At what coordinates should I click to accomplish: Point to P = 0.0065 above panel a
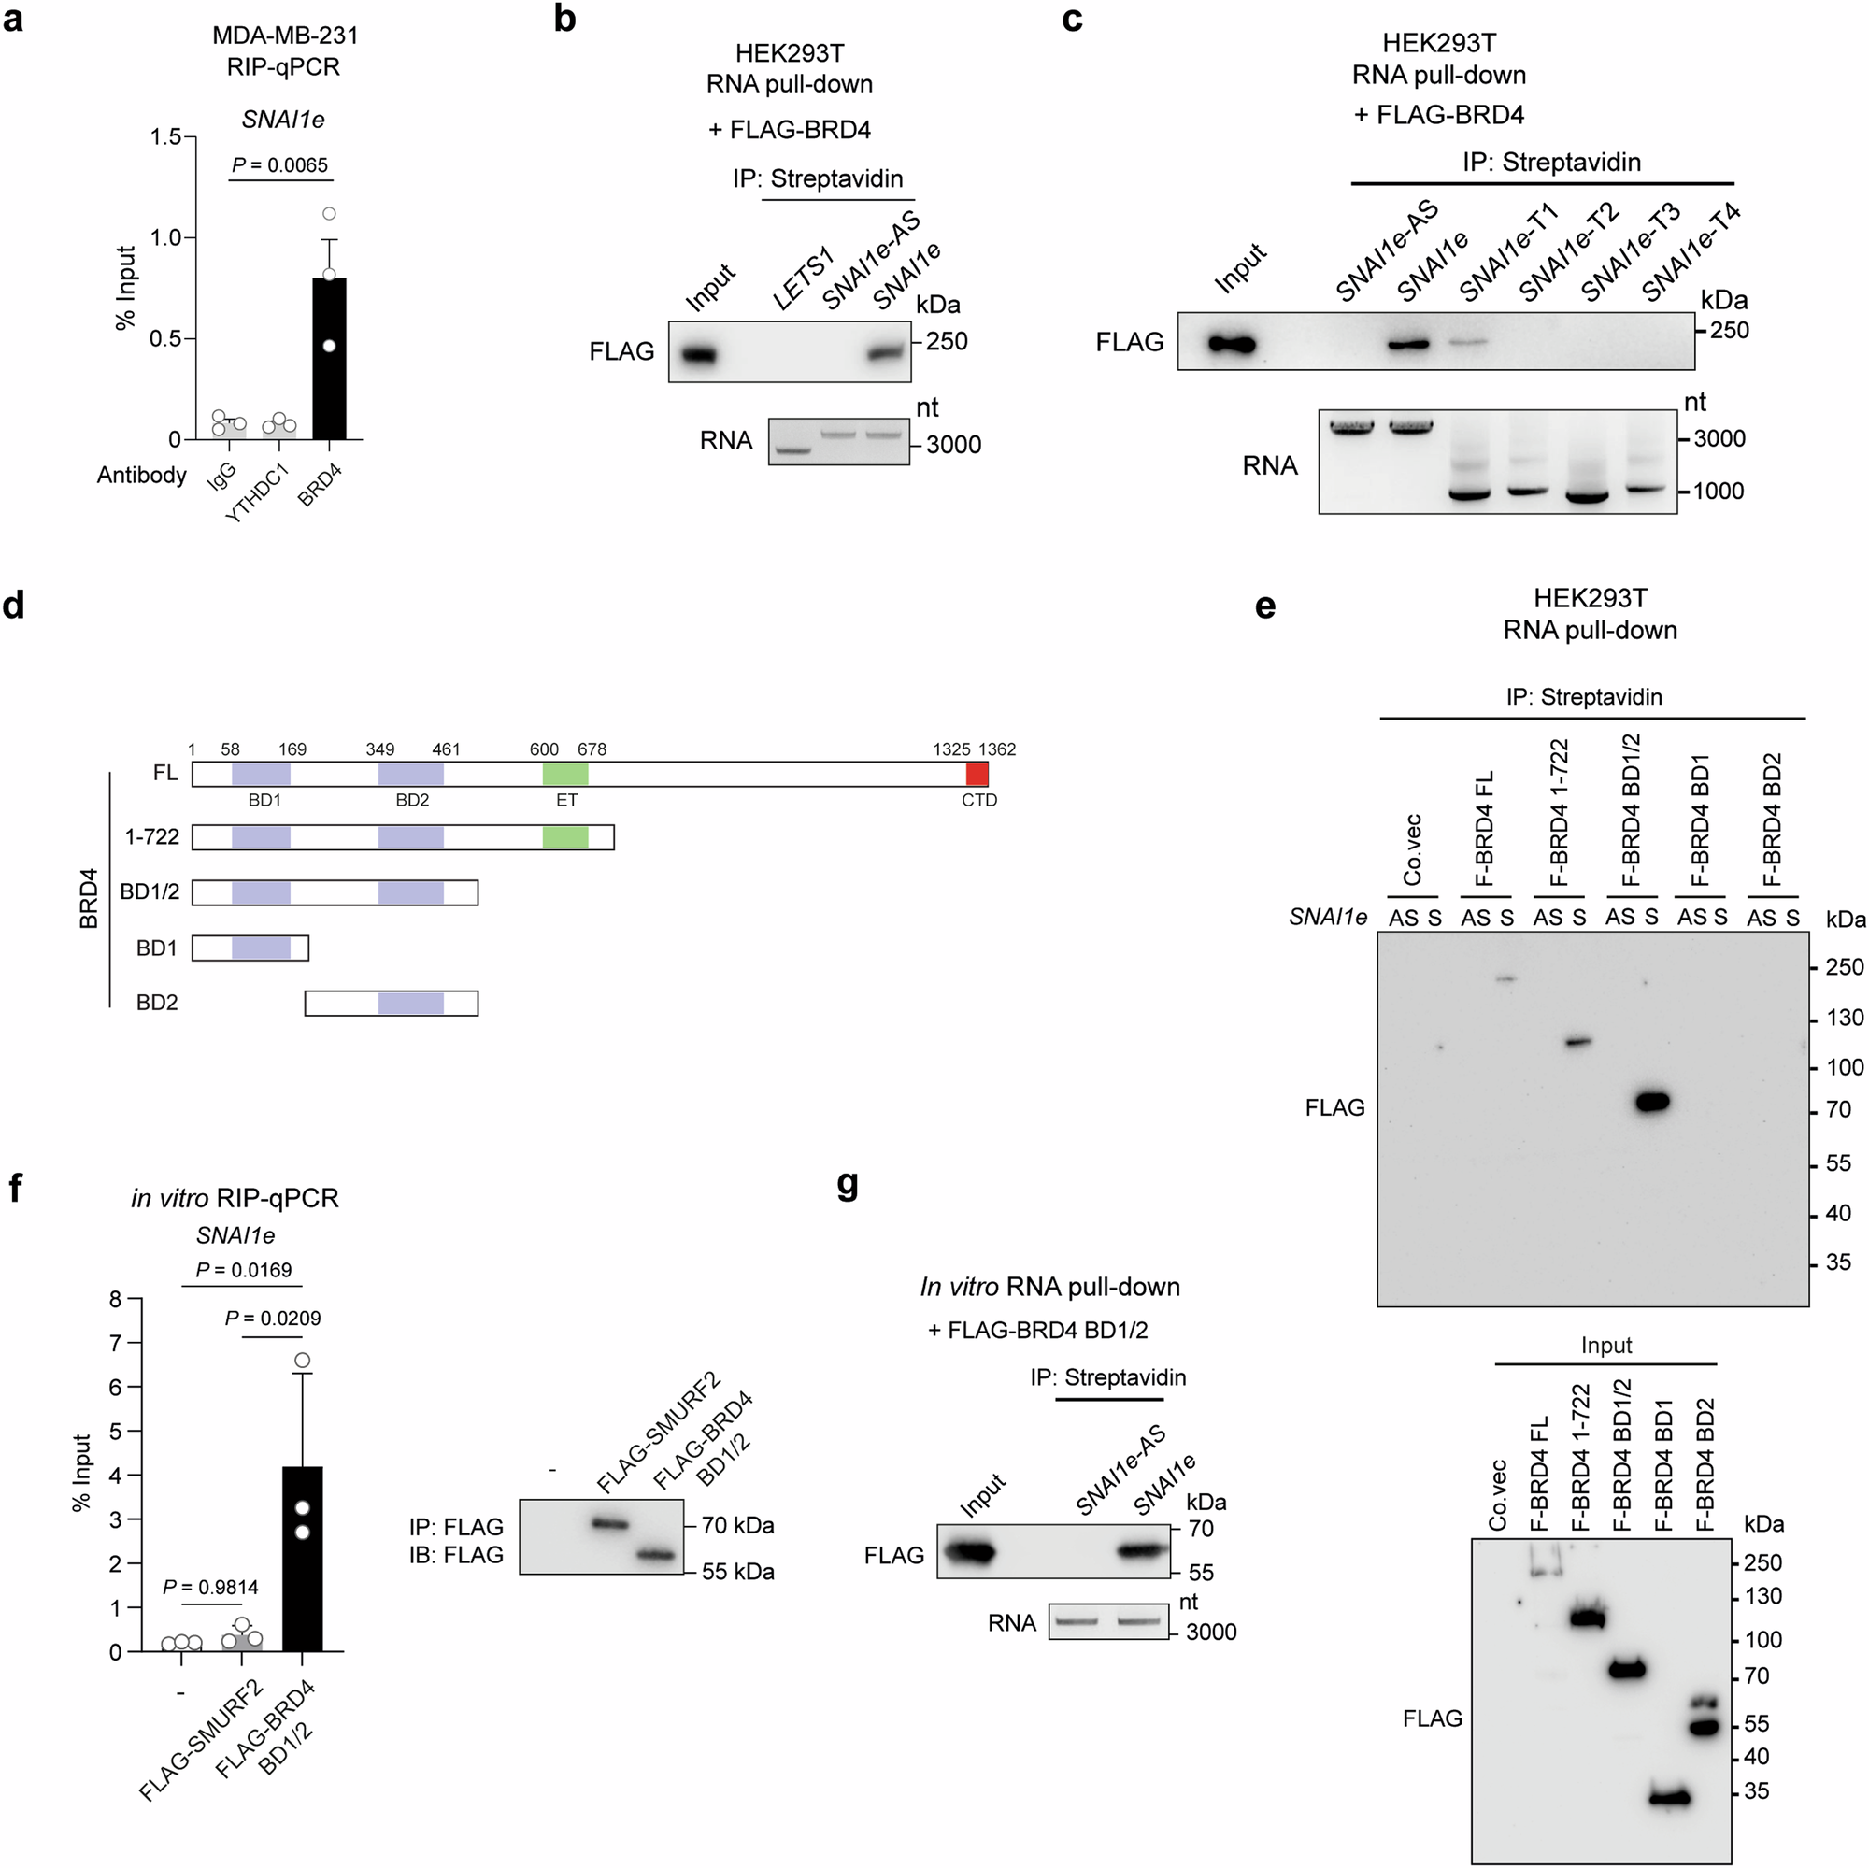[x=280, y=165]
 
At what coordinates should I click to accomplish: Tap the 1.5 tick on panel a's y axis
[x=165, y=137]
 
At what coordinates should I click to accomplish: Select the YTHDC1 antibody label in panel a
[x=257, y=493]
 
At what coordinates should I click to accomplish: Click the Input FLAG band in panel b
[x=698, y=355]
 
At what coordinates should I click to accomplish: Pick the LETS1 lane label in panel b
[x=802, y=279]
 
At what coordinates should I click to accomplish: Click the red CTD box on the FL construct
[x=977, y=774]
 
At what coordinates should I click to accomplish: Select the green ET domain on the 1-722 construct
[x=565, y=836]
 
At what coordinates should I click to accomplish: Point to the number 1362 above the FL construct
[x=997, y=749]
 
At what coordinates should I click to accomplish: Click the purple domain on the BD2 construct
[x=411, y=1004]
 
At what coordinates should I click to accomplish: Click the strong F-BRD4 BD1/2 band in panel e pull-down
[x=1651, y=1101]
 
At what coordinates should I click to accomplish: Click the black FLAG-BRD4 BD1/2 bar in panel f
[x=302, y=1558]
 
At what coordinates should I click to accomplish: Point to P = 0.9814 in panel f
[x=211, y=1588]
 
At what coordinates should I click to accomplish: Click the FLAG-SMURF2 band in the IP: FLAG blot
[x=609, y=1523]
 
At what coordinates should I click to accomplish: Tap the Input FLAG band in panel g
[x=970, y=1554]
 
